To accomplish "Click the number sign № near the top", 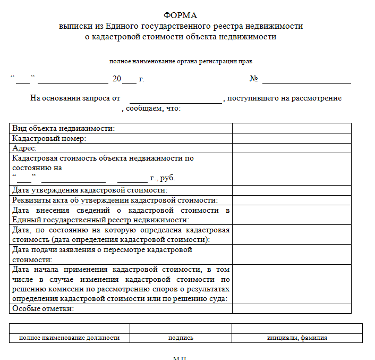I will click(x=253, y=79).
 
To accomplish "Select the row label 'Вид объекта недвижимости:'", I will click(x=63, y=128).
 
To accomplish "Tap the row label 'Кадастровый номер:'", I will click(x=49, y=138).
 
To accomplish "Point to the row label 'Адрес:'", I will click(x=24, y=148).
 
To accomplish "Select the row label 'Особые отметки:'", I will click(x=43, y=309).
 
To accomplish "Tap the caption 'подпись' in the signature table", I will click(x=181, y=338).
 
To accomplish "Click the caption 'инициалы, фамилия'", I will click(x=297, y=338).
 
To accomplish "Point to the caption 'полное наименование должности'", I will click(x=70, y=338).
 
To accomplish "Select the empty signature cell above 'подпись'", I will click(x=181, y=328).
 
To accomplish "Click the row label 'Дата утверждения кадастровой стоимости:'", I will click(x=90, y=190).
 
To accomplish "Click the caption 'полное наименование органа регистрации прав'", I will click(x=181, y=61).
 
